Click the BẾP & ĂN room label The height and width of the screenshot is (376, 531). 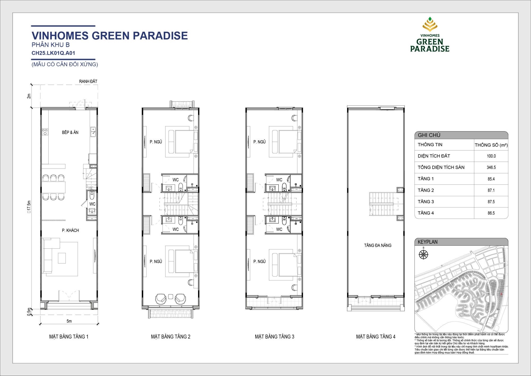coord(70,132)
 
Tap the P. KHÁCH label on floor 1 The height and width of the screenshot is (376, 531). coord(70,230)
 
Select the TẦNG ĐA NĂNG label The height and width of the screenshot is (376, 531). coord(378,245)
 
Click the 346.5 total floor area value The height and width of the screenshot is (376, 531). coord(491,168)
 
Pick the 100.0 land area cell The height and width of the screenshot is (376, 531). coord(491,156)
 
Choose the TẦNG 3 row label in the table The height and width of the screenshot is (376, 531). coord(426,202)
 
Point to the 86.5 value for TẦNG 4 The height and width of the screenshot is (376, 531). coord(491,213)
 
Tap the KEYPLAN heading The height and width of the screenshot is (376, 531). coord(427,242)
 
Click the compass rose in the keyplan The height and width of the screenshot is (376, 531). coord(423,254)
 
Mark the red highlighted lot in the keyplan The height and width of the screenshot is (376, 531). coord(501,294)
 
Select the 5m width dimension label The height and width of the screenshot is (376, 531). coord(69,321)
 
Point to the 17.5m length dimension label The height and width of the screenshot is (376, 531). coord(29,207)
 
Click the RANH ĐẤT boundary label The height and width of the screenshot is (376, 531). coord(88,81)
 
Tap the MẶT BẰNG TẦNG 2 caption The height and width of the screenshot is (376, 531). coord(171,337)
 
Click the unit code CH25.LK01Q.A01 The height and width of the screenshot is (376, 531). coord(53,53)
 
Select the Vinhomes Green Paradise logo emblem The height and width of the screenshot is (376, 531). coord(430,24)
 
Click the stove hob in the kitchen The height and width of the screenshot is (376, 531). coord(45,132)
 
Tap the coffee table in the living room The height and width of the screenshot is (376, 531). coord(62,258)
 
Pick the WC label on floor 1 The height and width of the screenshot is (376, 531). coord(92,204)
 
